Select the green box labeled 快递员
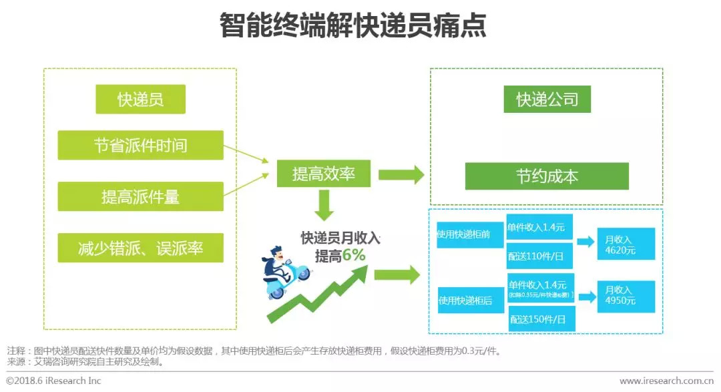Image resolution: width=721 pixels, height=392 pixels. click(140, 100)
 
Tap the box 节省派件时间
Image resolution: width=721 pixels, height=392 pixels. click(140, 145)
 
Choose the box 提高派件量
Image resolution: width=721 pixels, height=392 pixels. click(140, 196)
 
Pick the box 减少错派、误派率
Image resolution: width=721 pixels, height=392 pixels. click(140, 248)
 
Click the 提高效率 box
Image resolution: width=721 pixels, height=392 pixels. click(324, 174)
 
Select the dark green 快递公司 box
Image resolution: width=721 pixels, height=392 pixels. click(547, 100)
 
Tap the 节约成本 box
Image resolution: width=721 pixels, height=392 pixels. click(547, 176)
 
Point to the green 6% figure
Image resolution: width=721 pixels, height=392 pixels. click(354, 256)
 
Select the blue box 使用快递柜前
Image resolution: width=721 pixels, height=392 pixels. click(470, 234)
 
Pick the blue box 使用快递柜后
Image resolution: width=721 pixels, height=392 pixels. click(470, 301)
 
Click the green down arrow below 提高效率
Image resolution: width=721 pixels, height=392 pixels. click(324, 205)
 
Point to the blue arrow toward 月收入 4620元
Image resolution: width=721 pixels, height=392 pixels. click(585, 242)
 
